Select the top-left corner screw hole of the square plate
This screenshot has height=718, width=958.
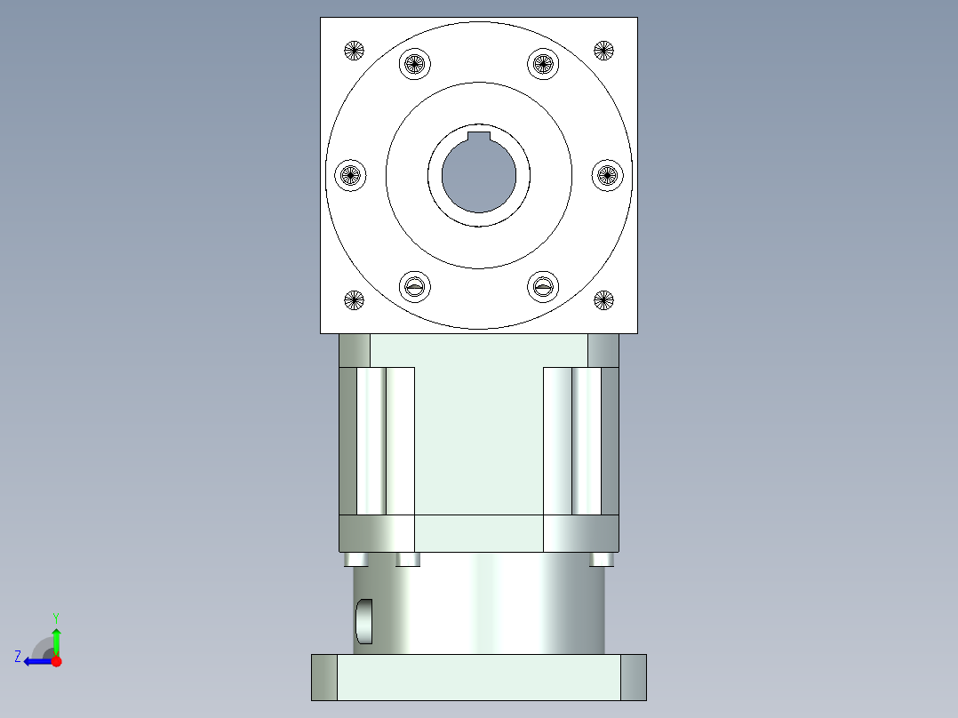pyautogui.click(x=354, y=50)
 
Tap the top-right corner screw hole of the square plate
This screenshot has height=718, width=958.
pyautogui.click(x=603, y=50)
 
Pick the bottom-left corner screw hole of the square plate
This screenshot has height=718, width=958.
pyautogui.click(x=354, y=300)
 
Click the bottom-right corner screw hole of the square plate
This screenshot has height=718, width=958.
pyautogui.click(x=603, y=300)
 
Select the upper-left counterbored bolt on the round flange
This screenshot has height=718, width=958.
pyautogui.click(x=415, y=63)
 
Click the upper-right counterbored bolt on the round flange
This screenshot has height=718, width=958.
pyautogui.click(x=542, y=63)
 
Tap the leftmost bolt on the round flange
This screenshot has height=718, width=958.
pyautogui.click(x=350, y=175)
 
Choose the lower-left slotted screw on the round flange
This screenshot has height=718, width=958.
pyautogui.click(x=415, y=287)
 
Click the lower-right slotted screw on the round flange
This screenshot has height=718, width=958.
pyautogui.click(x=542, y=287)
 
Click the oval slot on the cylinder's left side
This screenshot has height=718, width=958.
pyautogui.click(x=364, y=621)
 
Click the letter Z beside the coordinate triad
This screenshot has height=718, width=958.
pyautogui.click(x=18, y=657)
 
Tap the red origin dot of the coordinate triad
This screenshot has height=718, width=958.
pyautogui.click(x=56, y=661)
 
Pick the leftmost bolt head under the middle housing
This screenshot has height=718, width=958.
pyautogui.click(x=355, y=559)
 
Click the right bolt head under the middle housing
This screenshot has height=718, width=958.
pyautogui.click(x=602, y=559)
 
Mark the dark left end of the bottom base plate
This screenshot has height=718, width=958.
pyautogui.click(x=324, y=677)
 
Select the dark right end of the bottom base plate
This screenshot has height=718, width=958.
pyautogui.click(x=633, y=677)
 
